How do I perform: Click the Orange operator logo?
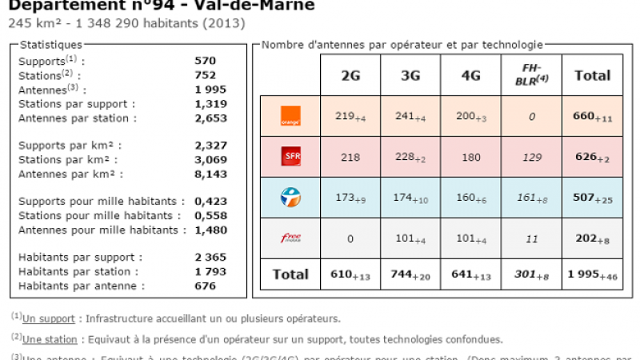coord(290,116)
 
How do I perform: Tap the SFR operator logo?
coord(290,157)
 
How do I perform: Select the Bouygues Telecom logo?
coord(290,197)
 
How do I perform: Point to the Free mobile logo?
coord(290,238)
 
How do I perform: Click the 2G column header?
coord(350,76)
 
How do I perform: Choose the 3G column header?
coord(410,76)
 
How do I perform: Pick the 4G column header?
coord(470,76)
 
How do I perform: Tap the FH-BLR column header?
coord(531,75)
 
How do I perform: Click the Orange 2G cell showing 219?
coord(349,116)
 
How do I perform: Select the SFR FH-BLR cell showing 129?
coord(531,157)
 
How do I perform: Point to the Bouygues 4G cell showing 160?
coord(470,197)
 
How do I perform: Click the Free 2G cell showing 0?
coord(350,238)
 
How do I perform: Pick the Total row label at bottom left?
coord(290,274)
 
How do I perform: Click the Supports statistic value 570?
coord(206,60)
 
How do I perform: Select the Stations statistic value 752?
coord(206,74)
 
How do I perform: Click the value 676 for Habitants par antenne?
coord(206,286)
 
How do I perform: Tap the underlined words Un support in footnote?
coord(49,318)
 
